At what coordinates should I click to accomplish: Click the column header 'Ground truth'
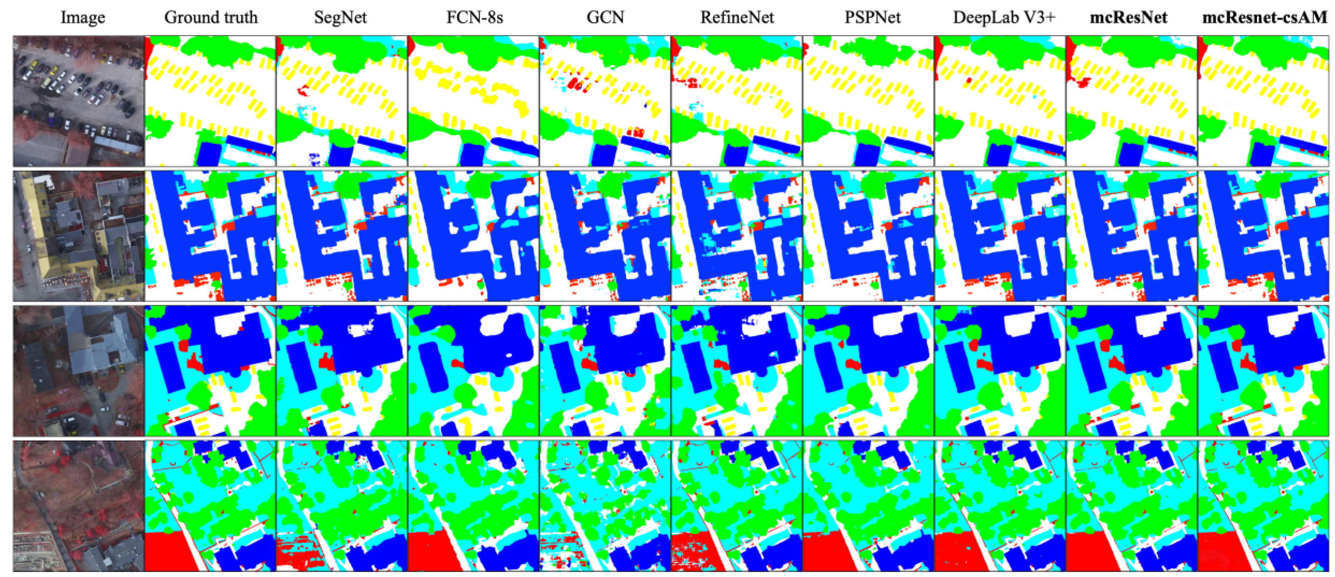point(211,18)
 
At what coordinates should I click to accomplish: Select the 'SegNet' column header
point(341,18)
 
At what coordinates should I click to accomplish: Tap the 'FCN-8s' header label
point(475,18)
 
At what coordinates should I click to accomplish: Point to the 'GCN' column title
point(605,18)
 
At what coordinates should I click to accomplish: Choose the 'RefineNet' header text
point(737,18)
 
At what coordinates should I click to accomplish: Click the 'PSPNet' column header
point(872,18)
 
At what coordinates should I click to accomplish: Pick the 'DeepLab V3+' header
point(1004,18)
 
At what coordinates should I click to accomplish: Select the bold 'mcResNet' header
point(1129,18)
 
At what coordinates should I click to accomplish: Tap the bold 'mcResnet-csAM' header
point(1264,18)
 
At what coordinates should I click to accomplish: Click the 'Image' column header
point(83,18)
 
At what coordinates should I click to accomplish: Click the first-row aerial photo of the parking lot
point(79,101)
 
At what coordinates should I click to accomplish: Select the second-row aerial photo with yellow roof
point(79,236)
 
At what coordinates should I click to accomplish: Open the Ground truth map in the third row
point(211,371)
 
